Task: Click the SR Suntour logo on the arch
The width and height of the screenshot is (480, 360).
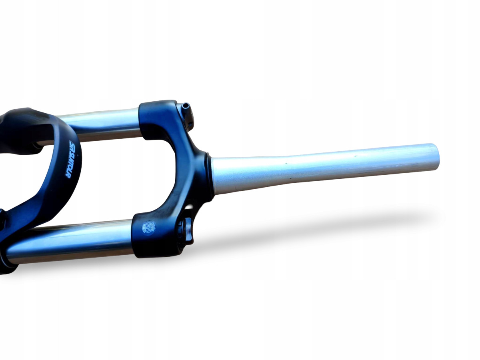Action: pyautogui.click(x=74, y=160)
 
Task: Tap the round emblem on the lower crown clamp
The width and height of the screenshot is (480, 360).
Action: pyautogui.click(x=148, y=228)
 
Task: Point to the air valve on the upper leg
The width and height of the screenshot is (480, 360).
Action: pyautogui.click(x=185, y=107)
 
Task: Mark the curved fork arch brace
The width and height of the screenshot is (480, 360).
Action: pyautogui.click(x=60, y=180)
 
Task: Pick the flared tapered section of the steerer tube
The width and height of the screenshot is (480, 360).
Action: pyautogui.click(x=228, y=175)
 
